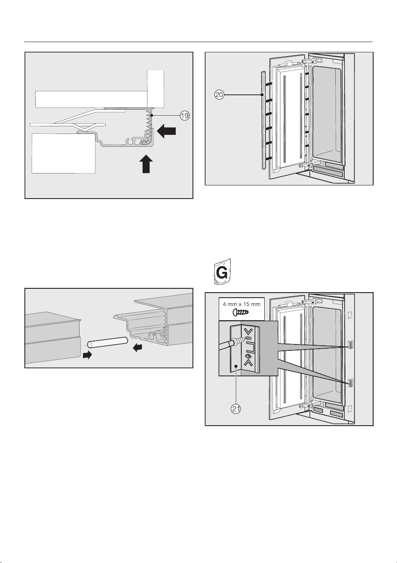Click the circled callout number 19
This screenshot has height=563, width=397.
185,115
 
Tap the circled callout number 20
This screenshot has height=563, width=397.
219,95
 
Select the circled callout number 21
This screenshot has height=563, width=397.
236,409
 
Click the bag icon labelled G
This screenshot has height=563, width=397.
222,272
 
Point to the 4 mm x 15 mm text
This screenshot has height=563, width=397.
242,304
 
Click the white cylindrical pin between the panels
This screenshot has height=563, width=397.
107,342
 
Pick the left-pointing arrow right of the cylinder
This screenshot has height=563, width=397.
137,347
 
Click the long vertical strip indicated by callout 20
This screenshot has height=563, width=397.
263,121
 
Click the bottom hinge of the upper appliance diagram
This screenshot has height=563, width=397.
306,165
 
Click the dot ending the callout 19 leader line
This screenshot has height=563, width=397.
152,115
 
